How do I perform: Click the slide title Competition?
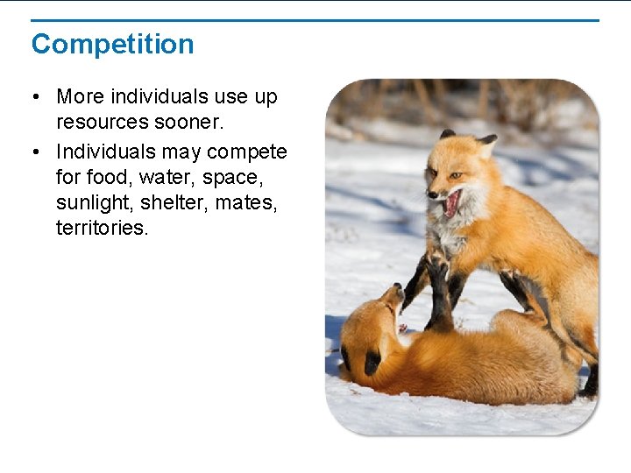[x=112, y=44]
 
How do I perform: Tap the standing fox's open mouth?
[x=452, y=204]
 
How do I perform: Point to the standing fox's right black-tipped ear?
[x=487, y=139]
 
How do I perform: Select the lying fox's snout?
[x=396, y=293]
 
